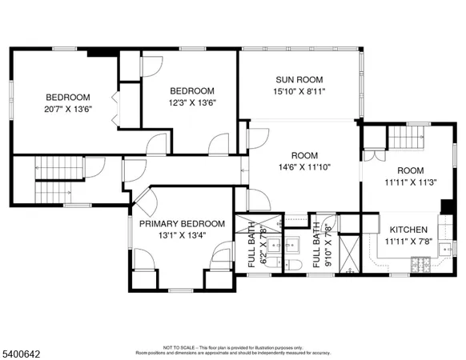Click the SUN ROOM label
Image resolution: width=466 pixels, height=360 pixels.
(x=300, y=80)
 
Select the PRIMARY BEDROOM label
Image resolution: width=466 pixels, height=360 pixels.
(x=179, y=223)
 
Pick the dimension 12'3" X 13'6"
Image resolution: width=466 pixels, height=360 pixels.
(x=191, y=102)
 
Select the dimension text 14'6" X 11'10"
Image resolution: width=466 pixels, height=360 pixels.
(x=303, y=167)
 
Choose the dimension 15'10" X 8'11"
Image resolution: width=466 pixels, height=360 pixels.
(x=300, y=92)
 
